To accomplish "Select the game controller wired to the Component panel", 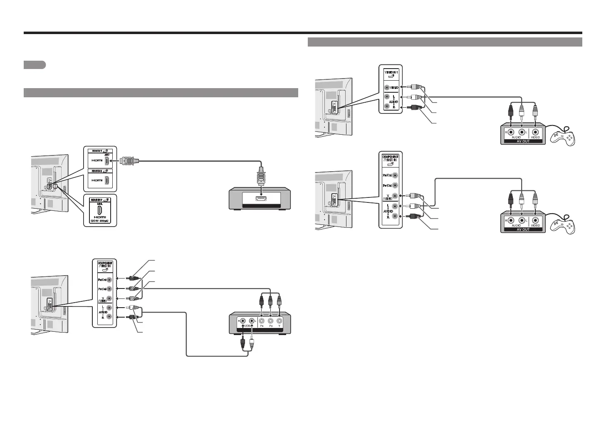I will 563,224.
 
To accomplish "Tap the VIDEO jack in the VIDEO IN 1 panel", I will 388,88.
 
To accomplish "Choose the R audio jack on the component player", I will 242,321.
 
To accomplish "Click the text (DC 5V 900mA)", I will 100,221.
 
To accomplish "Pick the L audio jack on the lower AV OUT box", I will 522,220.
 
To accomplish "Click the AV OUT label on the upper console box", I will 523,141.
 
